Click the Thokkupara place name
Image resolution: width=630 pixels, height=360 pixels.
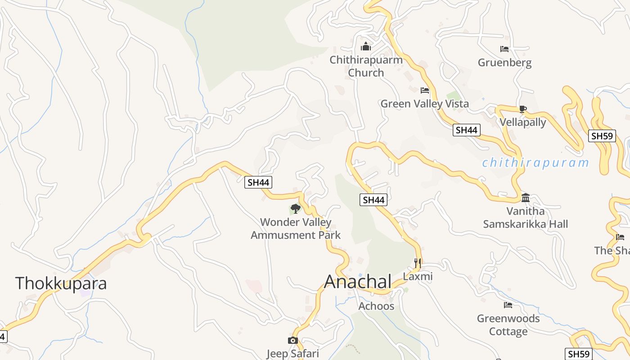(x=61, y=283)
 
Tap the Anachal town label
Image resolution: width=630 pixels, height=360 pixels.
(x=358, y=281)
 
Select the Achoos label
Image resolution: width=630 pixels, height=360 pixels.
(x=376, y=306)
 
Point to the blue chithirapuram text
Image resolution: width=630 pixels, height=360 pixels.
(x=535, y=163)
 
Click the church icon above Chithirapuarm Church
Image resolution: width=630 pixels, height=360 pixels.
(x=366, y=46)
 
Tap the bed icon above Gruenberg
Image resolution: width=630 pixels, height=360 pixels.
(x=504, y=49)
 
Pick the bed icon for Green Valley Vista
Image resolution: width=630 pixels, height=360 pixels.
(x=425, y=90)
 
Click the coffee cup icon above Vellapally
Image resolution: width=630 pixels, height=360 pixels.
(x=522, y=109)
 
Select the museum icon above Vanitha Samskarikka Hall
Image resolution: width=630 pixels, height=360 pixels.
(x=525, y=198)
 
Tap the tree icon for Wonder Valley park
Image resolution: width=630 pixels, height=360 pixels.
(x=296, y=208)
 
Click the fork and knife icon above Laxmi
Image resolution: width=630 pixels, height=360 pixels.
(x=418, y=263)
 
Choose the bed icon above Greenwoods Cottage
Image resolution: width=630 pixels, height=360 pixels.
(x=508, y=305)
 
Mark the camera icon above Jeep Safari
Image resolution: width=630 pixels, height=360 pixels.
(x=292, y=340)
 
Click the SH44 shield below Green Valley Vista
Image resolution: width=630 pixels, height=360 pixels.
(x=466, y=130)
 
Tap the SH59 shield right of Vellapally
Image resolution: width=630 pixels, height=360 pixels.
(x=602, y=136)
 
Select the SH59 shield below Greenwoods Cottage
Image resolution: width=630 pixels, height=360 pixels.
(x=578, y=354)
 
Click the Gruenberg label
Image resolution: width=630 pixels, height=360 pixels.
(x=504, y=63)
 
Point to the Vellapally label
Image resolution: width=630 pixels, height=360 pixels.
(x=523, y=122)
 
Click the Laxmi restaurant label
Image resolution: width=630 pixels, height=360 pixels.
(x=418, y=276)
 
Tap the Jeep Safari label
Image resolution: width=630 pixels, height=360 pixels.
(x=292, y=353)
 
